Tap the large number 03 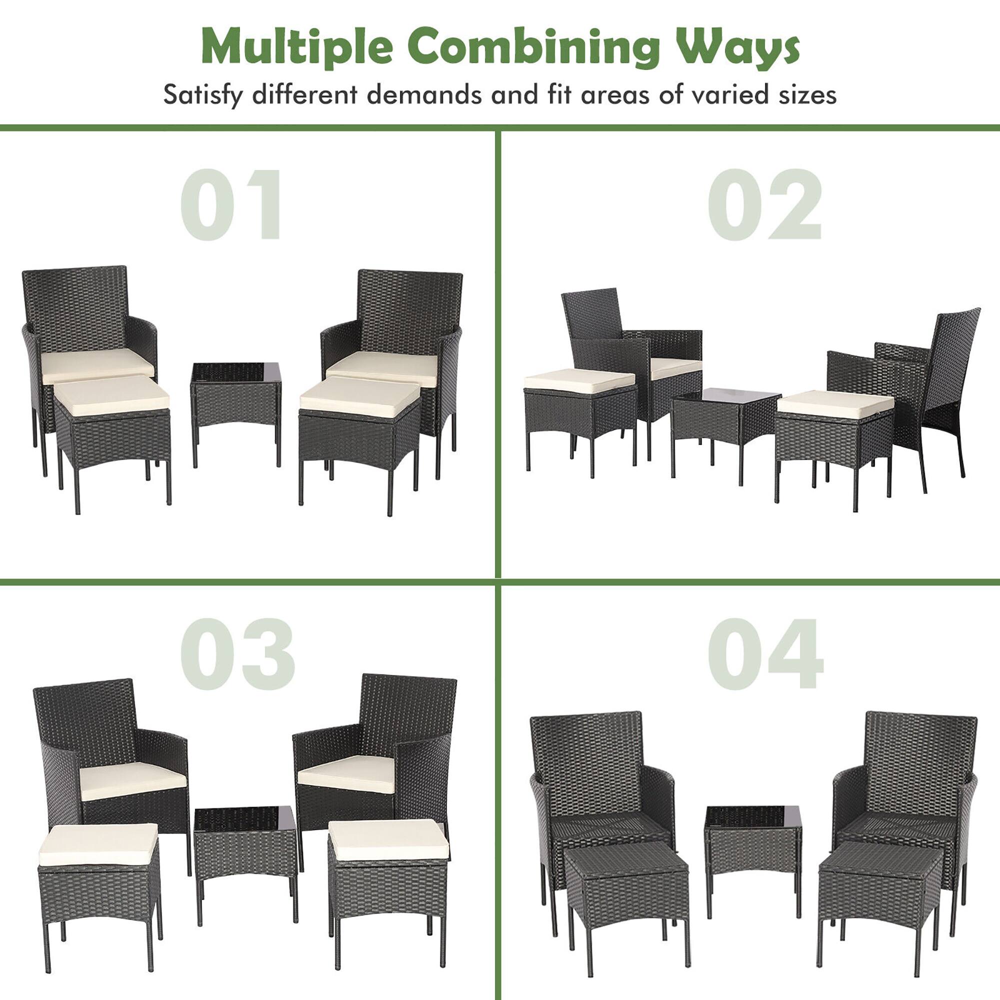tap(237, 653)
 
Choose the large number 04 tap(765, 653)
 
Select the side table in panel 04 tap(752, 849)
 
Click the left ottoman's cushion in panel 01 tap(112, 395)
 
